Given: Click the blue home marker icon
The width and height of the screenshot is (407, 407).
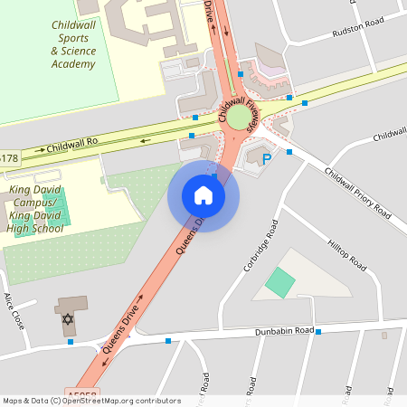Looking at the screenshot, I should click(203, 195).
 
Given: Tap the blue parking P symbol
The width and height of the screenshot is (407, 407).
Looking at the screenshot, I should click(267, 159).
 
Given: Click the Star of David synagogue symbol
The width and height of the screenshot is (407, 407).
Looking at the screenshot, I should click(68, 320).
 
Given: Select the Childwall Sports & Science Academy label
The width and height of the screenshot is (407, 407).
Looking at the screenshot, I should click(73, 45).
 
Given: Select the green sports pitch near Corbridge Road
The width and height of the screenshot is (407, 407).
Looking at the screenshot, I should click(280, 282).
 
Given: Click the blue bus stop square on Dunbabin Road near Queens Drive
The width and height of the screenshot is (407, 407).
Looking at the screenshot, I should click(168, 341).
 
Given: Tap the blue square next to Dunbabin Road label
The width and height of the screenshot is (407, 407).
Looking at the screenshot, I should click(319, 331).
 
